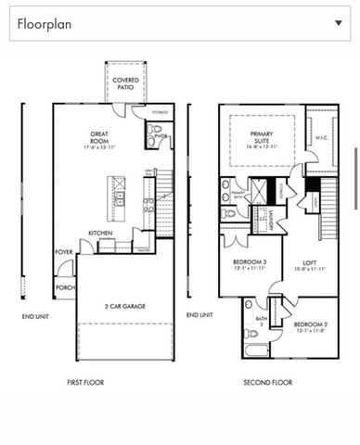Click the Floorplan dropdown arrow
pos(337,23)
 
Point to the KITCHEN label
pos(100,233)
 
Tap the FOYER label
pos(64,251)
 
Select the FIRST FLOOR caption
pos(85,382)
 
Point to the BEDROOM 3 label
pos(250,265)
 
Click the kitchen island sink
pos(119,198)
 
